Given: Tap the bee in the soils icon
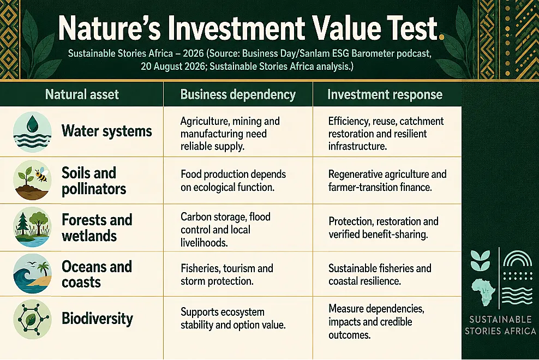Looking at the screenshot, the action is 41,175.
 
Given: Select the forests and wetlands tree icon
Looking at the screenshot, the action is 32,227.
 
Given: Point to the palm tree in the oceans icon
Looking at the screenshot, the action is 43,269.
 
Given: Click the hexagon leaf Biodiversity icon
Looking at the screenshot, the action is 32,319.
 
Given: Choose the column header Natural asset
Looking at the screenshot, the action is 82,94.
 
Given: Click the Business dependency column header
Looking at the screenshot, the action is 238,94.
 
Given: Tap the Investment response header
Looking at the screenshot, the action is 385,94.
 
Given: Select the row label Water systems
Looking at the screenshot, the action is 106,131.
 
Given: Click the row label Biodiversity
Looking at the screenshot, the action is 97,319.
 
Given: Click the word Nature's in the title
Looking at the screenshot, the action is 109,28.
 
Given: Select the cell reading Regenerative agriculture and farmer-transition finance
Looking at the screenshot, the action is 387,181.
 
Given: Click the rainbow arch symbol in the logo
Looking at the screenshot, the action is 517,259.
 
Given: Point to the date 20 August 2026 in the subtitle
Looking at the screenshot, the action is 172,66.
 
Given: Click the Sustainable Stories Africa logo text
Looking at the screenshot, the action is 500,325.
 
